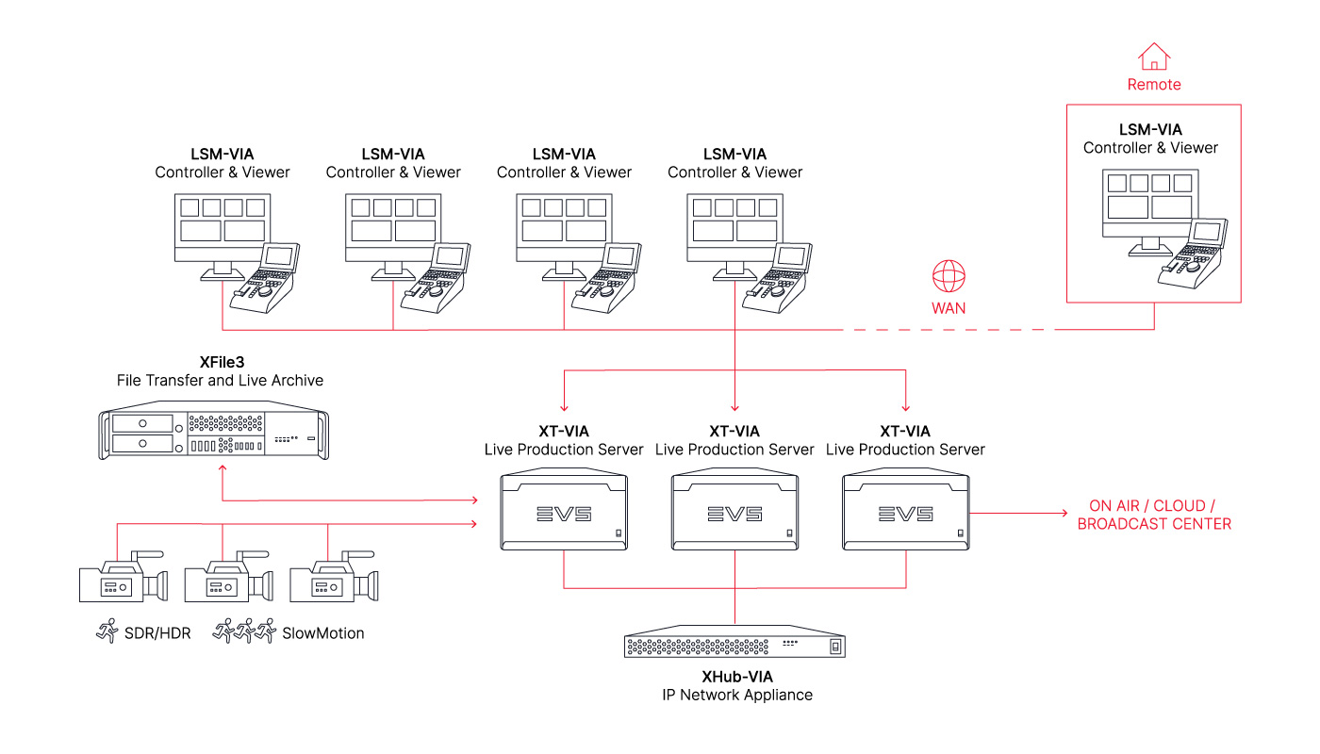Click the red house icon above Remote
click(1154, 57)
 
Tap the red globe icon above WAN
click(949, 276)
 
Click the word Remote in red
click(1154, 84)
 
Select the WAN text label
click(949, 308)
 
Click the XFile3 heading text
click(222, 362)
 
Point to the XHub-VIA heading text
click(737, 677)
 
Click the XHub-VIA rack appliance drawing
click(734, 642)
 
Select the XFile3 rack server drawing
click(213, 431)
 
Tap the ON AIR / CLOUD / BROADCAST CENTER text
click(1154, 515)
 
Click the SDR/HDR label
click(157, 633)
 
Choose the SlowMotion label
click(322, 633)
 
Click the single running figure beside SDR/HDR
click(107, 631)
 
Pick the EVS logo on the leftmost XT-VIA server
click(564, 515)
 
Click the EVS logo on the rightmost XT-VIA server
click(906, 515)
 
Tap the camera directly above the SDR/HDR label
click(124, 577)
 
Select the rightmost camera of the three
click(334, 577)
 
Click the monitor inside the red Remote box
click(1149, 212)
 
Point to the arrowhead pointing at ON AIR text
click(1064, 513)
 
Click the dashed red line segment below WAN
click(949, 330)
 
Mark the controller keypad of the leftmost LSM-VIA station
click(265, 278)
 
